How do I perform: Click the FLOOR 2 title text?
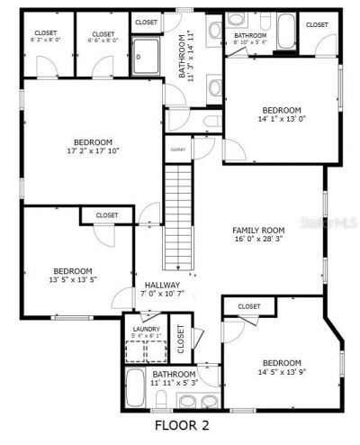tap(181, 424)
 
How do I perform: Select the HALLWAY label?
tap(162, 286)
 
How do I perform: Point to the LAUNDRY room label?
tap(146, 330)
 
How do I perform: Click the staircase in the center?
tap(180, 216)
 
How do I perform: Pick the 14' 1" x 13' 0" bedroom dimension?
tap(281, 117)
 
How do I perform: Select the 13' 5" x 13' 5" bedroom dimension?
tap(72, 280)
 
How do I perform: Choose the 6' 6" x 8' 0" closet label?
tap(103, 41)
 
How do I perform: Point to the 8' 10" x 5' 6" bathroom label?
tap(250, 41)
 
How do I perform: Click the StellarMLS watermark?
tap(335, 219)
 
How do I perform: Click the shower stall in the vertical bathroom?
tap(145, 57)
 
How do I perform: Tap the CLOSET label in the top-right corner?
tap(317, 25)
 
